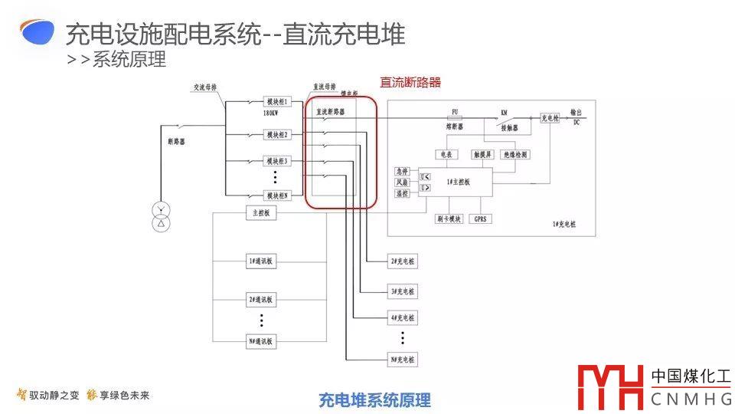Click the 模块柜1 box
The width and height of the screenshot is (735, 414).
(278, 102)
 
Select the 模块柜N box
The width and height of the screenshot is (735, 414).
(277, 196)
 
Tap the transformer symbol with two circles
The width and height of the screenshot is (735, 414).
(161, 217)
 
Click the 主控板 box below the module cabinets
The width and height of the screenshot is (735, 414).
(260, 213)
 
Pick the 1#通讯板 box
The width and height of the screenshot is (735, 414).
(260, 261)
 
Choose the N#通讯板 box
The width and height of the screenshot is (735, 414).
(260, 341)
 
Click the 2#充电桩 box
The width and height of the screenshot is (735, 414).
(403, 261)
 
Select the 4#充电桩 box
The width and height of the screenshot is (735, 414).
(403, 317)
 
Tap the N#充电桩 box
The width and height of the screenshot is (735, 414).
(403, 359)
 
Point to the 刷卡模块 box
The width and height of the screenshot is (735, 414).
(449, 219)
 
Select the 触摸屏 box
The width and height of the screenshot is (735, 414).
(485, 155)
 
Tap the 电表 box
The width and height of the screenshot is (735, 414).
(446, 155)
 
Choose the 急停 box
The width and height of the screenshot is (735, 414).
(403, 171)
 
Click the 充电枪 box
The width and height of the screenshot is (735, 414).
(550, 118)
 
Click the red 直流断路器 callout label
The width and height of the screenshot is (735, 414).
(410, 83)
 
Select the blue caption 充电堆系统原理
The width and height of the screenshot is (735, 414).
(374, 399)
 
